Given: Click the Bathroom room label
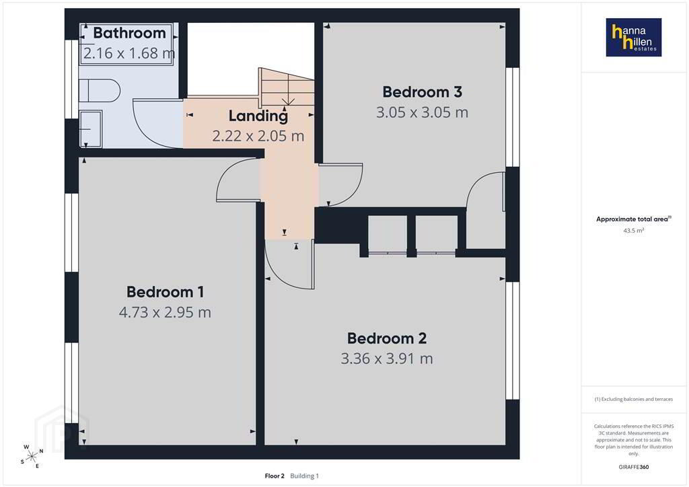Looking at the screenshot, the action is [x=130, y=33].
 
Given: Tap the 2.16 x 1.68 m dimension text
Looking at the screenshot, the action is [x=129, y=53].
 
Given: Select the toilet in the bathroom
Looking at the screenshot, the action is [x=100, y=90].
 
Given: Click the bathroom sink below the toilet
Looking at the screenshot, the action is [x=91, y=128].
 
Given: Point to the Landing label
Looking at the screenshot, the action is [x=258, y=116].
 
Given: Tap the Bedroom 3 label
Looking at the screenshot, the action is [x=422, y=91].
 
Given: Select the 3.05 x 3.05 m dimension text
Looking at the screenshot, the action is [x=422, y=112].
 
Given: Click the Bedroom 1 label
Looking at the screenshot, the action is [x=166, y=292].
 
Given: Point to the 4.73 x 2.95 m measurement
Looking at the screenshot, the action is [x=166, y=312].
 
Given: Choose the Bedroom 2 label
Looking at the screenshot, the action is [x=387, y=338].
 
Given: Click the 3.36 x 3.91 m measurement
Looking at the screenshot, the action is [x=387, y=359].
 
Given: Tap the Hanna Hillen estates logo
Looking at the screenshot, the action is [x=634, y=37].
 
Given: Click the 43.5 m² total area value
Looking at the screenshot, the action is [x=634, y=231].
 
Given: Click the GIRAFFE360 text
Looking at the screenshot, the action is [x=634, y=467].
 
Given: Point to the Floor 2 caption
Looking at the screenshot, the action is [x=275, y=476].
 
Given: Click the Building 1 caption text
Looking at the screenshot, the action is [x=305, y=476].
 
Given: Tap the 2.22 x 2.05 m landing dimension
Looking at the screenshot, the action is [x=258, y=136].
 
